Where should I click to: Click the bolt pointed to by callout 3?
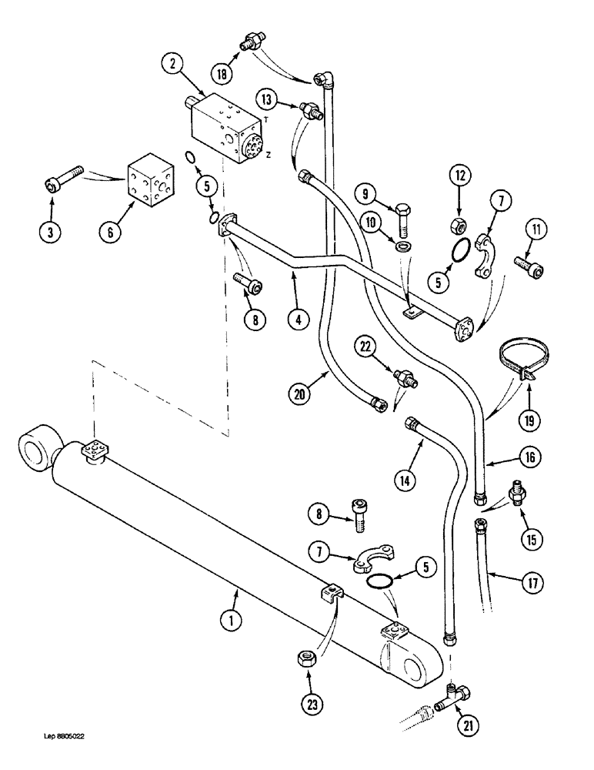pyautogui.click(x=61, y=182)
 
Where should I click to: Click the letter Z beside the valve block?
pyautogui.click(x=268, y=155)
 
